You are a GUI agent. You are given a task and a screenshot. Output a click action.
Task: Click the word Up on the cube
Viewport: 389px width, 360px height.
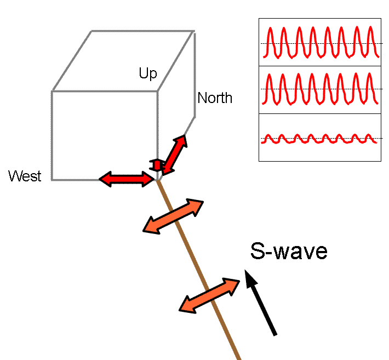point(148,74)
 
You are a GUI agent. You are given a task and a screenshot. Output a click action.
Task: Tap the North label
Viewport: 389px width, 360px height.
point(215,98)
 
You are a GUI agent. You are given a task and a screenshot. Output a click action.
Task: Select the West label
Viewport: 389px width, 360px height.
point(25,176)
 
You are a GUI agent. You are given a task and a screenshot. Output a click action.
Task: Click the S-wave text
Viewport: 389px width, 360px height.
point(289,251)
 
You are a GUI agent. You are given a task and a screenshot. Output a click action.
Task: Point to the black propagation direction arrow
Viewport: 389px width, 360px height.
point(261,303)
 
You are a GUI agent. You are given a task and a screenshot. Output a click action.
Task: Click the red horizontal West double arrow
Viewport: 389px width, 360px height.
point(127,178)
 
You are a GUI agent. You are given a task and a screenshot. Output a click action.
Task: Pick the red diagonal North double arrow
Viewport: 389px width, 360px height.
point(174,154)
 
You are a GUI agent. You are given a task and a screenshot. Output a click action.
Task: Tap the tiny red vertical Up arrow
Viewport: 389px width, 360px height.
point(157,164)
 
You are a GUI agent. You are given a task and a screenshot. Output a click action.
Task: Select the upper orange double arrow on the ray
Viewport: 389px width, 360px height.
point(173,216)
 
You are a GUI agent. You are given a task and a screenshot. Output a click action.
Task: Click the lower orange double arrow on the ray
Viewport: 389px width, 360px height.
point(210,295)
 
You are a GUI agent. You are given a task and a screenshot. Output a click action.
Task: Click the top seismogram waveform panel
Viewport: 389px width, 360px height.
point(319,42)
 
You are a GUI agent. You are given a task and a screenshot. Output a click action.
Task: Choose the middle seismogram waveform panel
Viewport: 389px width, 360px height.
point(319,89)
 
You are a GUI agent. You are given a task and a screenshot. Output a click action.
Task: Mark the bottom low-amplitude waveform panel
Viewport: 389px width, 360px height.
point(319,137)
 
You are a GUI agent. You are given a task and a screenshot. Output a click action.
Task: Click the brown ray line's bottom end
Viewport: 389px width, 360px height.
point(239,357)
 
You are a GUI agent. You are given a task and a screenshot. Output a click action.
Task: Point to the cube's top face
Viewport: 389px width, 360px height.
point(123,60)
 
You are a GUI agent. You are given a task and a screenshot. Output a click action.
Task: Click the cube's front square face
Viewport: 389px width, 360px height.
point(105,135)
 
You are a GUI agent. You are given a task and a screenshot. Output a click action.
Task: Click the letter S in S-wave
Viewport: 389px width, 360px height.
point(257,251)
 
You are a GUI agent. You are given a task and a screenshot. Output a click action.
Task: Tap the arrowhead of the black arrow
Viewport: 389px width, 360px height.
point(250,278)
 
